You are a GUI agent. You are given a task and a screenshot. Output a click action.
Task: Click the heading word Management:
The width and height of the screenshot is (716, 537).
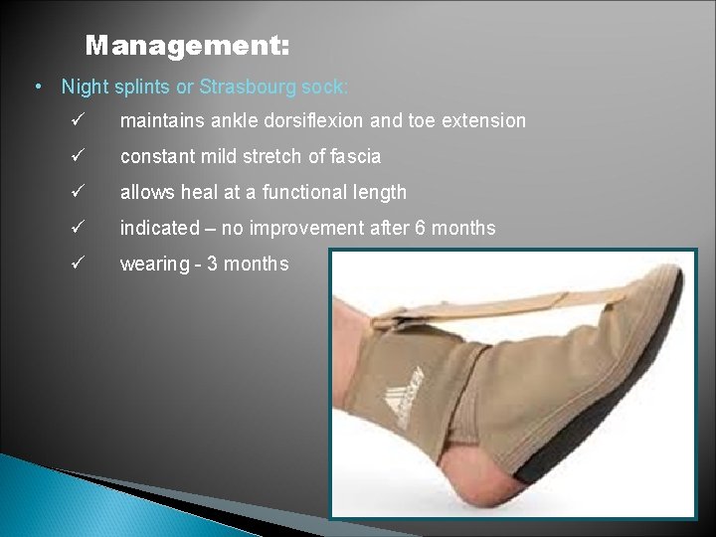coord(188,46)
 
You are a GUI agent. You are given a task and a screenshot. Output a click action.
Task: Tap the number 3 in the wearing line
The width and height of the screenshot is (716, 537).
coord(212,264)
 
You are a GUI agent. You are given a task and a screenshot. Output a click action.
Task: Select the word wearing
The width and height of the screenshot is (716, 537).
coord(154,265)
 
